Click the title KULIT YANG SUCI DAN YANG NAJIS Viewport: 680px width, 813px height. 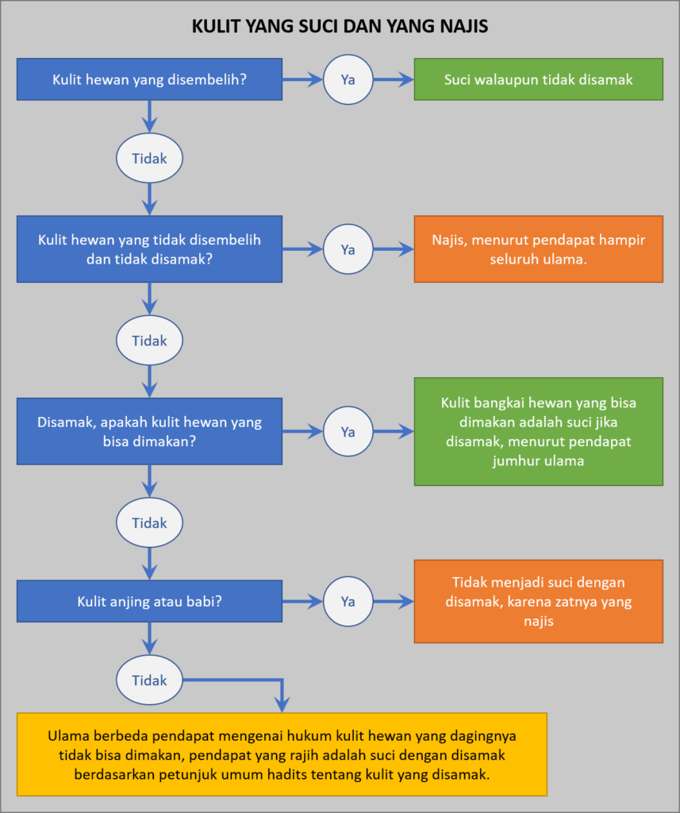coord(340,26)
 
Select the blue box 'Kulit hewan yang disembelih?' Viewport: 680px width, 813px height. coord(149,79)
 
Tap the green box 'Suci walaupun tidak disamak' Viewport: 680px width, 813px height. coord(538,79)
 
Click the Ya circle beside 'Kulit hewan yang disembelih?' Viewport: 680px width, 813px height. coord(348,79)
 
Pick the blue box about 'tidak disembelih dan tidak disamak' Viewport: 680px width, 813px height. coord(149,249)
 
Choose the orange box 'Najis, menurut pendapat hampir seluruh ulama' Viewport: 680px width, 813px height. coord(538,249)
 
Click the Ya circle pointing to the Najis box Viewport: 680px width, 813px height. coord(348,249)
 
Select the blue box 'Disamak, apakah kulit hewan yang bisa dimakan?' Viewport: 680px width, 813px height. coord(149,431)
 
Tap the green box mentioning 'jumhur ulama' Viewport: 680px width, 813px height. coord(538,431)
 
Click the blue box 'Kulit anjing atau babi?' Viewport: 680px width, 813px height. coord(149,601)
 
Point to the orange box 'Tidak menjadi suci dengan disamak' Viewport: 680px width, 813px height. coord(538,601)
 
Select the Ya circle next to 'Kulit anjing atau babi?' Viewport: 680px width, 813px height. coord(348,601)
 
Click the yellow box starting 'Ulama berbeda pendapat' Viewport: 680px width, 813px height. coord(282,754)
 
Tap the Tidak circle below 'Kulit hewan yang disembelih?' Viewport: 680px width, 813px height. coord(149,158)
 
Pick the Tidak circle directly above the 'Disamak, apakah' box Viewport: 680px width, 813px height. coord(149,341)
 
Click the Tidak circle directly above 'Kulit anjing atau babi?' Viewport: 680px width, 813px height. coord(149,523)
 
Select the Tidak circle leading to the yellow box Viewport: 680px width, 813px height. coord(149,680)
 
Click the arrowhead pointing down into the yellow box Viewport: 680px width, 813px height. coord(281,704)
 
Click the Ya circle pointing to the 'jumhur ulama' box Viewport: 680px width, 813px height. coord(348,431)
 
